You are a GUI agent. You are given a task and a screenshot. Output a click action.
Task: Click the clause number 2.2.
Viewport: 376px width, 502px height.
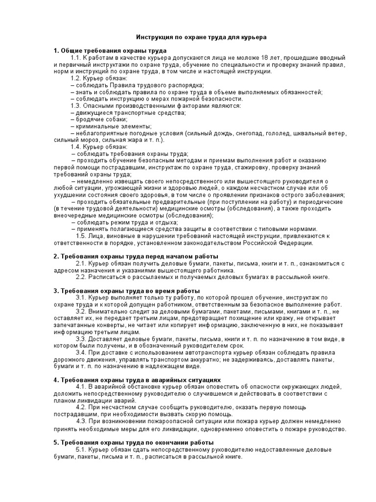click(82, 277)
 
